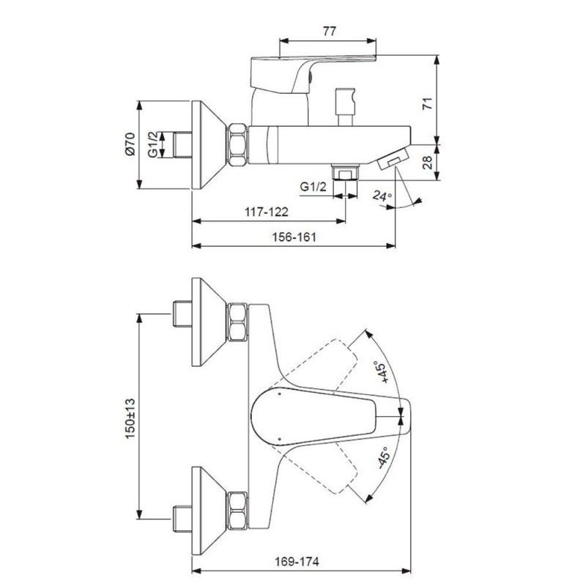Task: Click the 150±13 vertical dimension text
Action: [x=130, y=418]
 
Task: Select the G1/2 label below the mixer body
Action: [x=314, y=187]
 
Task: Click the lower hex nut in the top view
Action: [x=238, y=511]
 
